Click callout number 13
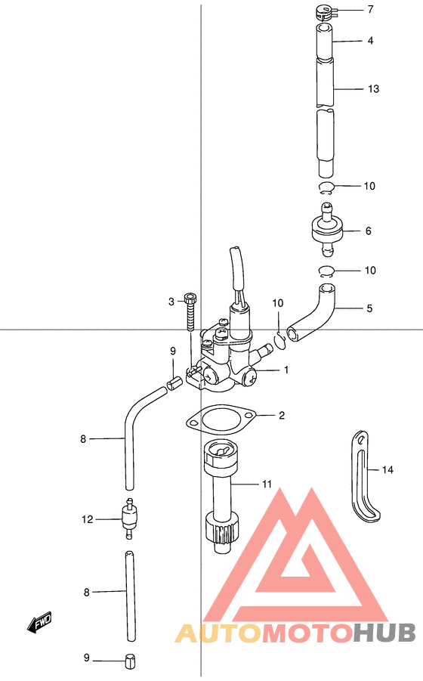pyautogui.click(x=373, y=89)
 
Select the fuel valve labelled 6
pyautogui.click(x=326, y=229)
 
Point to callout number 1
pyautogui.click(x=286, y=370)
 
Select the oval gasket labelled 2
pyautogui.click(x=221, y=419)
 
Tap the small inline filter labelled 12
pyautogui.click(x=129, y=518)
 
